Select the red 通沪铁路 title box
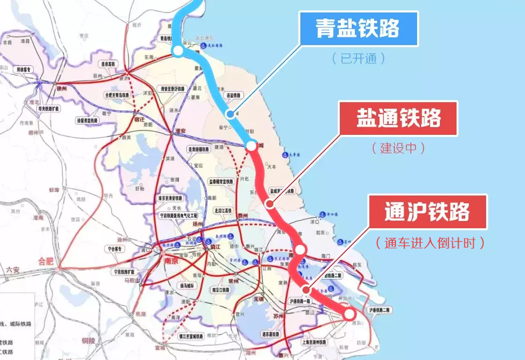pyautogui.click(x=427, y=212)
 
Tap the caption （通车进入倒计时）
pyautogui.click(x=431, y=243)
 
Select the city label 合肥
pyautogui.click(x=46, y=261)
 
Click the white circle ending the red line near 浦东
pyautogui.click(x=349, y=313)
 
